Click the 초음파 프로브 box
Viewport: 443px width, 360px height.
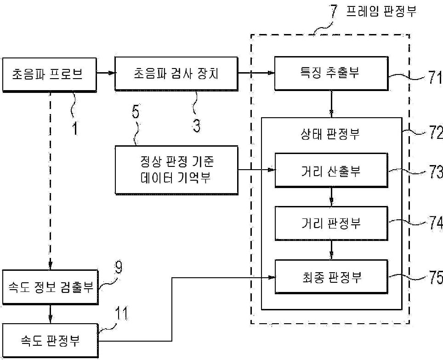[50, 74]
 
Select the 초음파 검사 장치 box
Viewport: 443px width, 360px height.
[176, 74]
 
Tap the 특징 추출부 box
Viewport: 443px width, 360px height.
[331, 73]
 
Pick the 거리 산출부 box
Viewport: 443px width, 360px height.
[331, 170]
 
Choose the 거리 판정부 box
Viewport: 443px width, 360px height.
[331, 223]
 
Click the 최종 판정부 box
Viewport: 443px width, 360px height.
[331, 277]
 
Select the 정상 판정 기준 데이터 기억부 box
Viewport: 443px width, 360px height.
[176, 170]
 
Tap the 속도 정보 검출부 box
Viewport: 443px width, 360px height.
[50, 287]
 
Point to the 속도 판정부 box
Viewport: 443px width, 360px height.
[50, 341]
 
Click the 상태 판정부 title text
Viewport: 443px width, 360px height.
[330, 134]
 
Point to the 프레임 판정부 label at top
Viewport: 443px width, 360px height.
[381, 11]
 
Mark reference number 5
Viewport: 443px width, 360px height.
[136, 112]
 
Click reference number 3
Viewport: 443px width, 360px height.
[197, 126]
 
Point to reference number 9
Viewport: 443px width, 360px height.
[119, 267]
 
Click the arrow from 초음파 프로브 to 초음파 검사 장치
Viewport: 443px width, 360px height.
[106, 73]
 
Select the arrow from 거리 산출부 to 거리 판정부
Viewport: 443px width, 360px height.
[331, 197]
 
